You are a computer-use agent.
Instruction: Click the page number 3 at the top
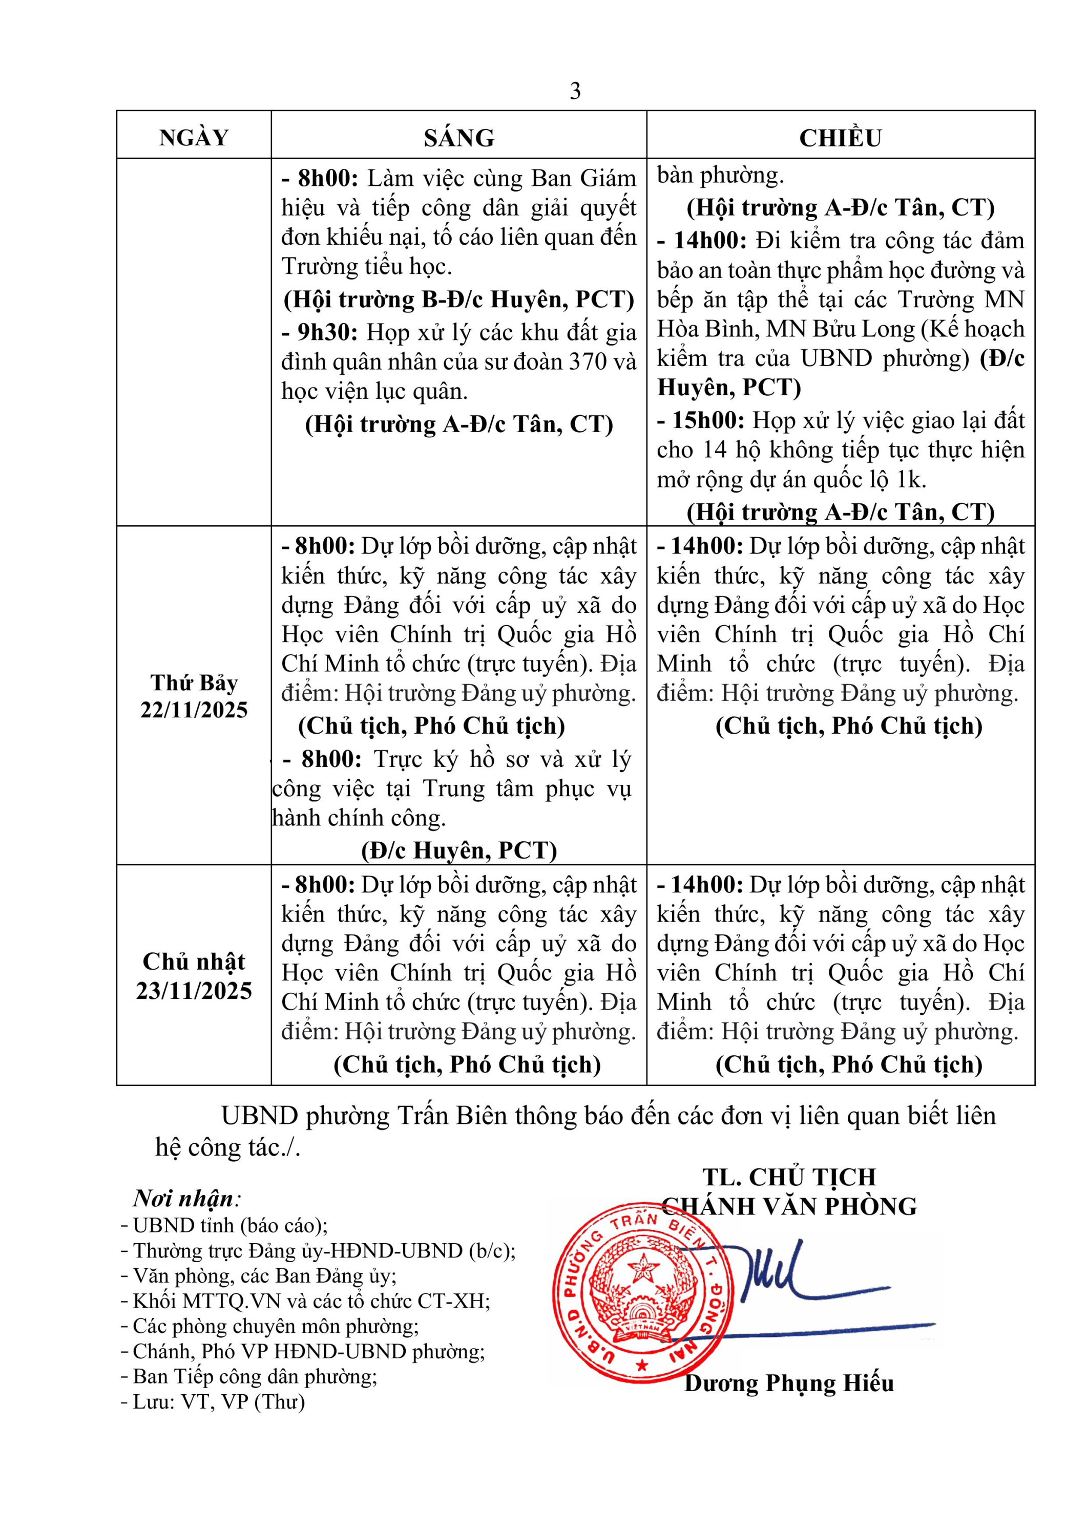click(575, 91)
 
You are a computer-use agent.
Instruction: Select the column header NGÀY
click(194, 138)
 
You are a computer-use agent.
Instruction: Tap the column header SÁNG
click(459, 138)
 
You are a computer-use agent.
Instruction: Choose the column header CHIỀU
click(840, 138)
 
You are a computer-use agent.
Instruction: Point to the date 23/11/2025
click(194, 991)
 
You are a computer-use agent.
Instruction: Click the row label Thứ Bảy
click(194, 683)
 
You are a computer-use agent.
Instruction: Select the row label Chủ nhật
click(194, 962)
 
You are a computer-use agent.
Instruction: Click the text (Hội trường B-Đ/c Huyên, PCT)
click(459, 300)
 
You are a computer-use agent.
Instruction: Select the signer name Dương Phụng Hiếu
click(788, 1383)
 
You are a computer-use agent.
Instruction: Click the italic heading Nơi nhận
click(184, 1198)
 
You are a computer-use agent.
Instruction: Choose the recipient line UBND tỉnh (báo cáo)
click(229, 1226)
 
